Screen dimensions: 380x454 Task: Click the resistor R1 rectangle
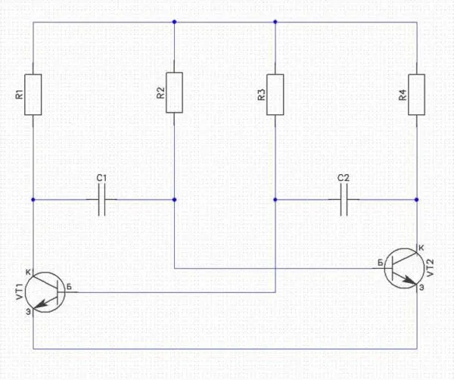[x=33, y=94]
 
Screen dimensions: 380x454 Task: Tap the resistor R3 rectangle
[x=275, y=94]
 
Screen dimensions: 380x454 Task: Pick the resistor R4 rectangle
[x=417, y=94]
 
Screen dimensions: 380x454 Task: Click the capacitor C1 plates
[x=104, y=201]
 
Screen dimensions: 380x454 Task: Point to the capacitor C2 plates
[x=344, y=201]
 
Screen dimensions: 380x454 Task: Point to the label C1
[x=103, y=179]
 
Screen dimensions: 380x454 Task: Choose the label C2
[x=344, y=179]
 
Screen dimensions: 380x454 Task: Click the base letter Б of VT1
[x=69, y=285]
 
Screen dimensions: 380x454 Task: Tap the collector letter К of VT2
[x=421, y=248]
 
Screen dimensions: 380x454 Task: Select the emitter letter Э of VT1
[x=28, y=311]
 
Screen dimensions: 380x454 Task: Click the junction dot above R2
[x=174, y=22]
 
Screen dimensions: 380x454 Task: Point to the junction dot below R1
[x=33, y=201]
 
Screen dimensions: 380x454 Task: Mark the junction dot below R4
[x=417, y=201]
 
